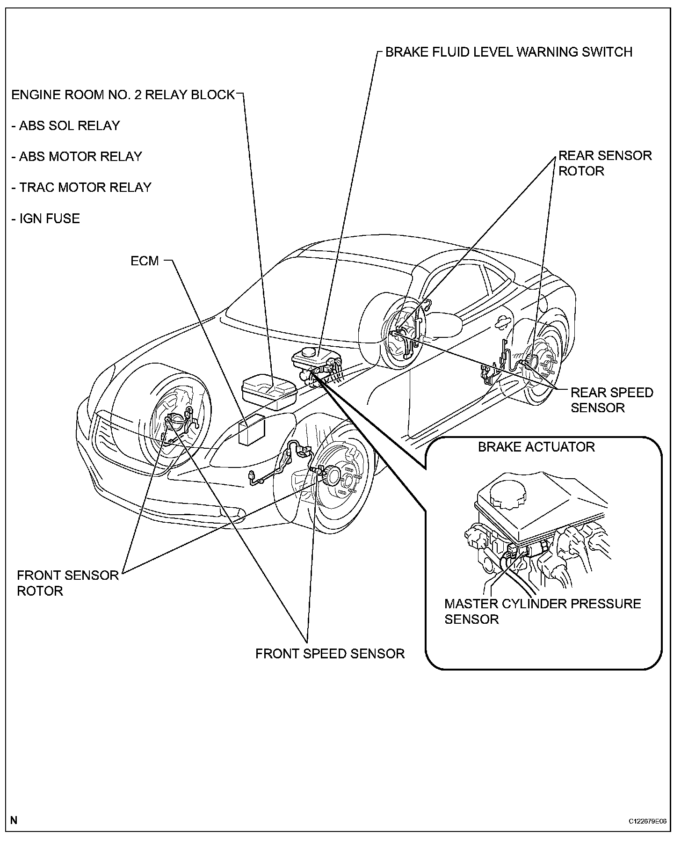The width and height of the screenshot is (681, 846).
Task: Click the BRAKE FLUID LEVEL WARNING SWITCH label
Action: tap(508, 52)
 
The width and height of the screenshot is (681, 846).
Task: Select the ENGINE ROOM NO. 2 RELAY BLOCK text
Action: tap(123, 95)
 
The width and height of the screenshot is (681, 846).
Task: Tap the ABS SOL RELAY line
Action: tap(65, 126)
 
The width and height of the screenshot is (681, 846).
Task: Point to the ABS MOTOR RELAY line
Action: tap(76, 157)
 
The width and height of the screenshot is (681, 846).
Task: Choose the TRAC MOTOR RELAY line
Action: tap(81, 188)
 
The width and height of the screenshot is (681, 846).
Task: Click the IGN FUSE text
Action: tap(45, 219)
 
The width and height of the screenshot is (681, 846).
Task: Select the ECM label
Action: tap(145, 261)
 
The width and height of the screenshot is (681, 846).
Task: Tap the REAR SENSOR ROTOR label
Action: tap(605, 163)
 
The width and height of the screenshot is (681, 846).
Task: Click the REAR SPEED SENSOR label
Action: tap(611, 400)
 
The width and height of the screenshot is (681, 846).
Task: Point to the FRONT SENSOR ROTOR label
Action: tap(67, 583)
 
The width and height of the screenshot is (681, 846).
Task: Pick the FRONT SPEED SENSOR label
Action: tap(330, 654)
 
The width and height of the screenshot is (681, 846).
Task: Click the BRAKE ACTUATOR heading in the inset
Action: tap(536, 447)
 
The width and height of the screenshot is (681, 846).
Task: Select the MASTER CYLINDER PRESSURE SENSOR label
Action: tap(542, 612)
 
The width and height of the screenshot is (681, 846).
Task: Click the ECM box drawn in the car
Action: tap(251, 428)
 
